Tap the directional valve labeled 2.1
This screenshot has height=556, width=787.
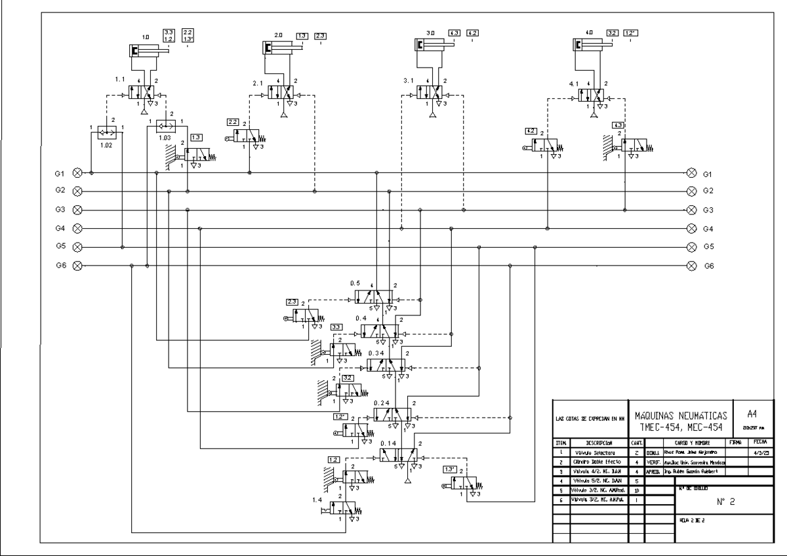(283, 92)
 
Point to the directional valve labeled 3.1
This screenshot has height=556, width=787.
(432, 92)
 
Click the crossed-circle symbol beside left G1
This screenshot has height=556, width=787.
(77, 173)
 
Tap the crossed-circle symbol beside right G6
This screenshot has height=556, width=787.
(691, 266)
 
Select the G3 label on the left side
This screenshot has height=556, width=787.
(60, 210)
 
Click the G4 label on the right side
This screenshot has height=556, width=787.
(708, 229)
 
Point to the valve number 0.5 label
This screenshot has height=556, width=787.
(355, 283)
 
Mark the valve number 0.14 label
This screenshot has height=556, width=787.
(388, 444)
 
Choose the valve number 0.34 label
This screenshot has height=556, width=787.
(376, 353)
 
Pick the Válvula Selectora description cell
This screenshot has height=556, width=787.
(592, 452)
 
